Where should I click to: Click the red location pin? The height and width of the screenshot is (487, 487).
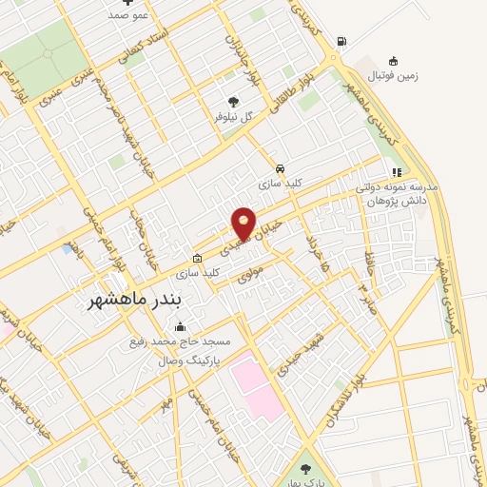click(x=243, y=224)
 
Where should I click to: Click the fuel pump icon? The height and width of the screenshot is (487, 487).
click(x=341, y=41)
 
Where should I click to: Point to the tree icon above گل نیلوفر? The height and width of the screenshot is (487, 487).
click(x=234, y=100)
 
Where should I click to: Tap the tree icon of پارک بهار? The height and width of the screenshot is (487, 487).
click(x=305, y=468)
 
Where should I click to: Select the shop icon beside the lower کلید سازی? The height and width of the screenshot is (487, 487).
click(x=197, y=258)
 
